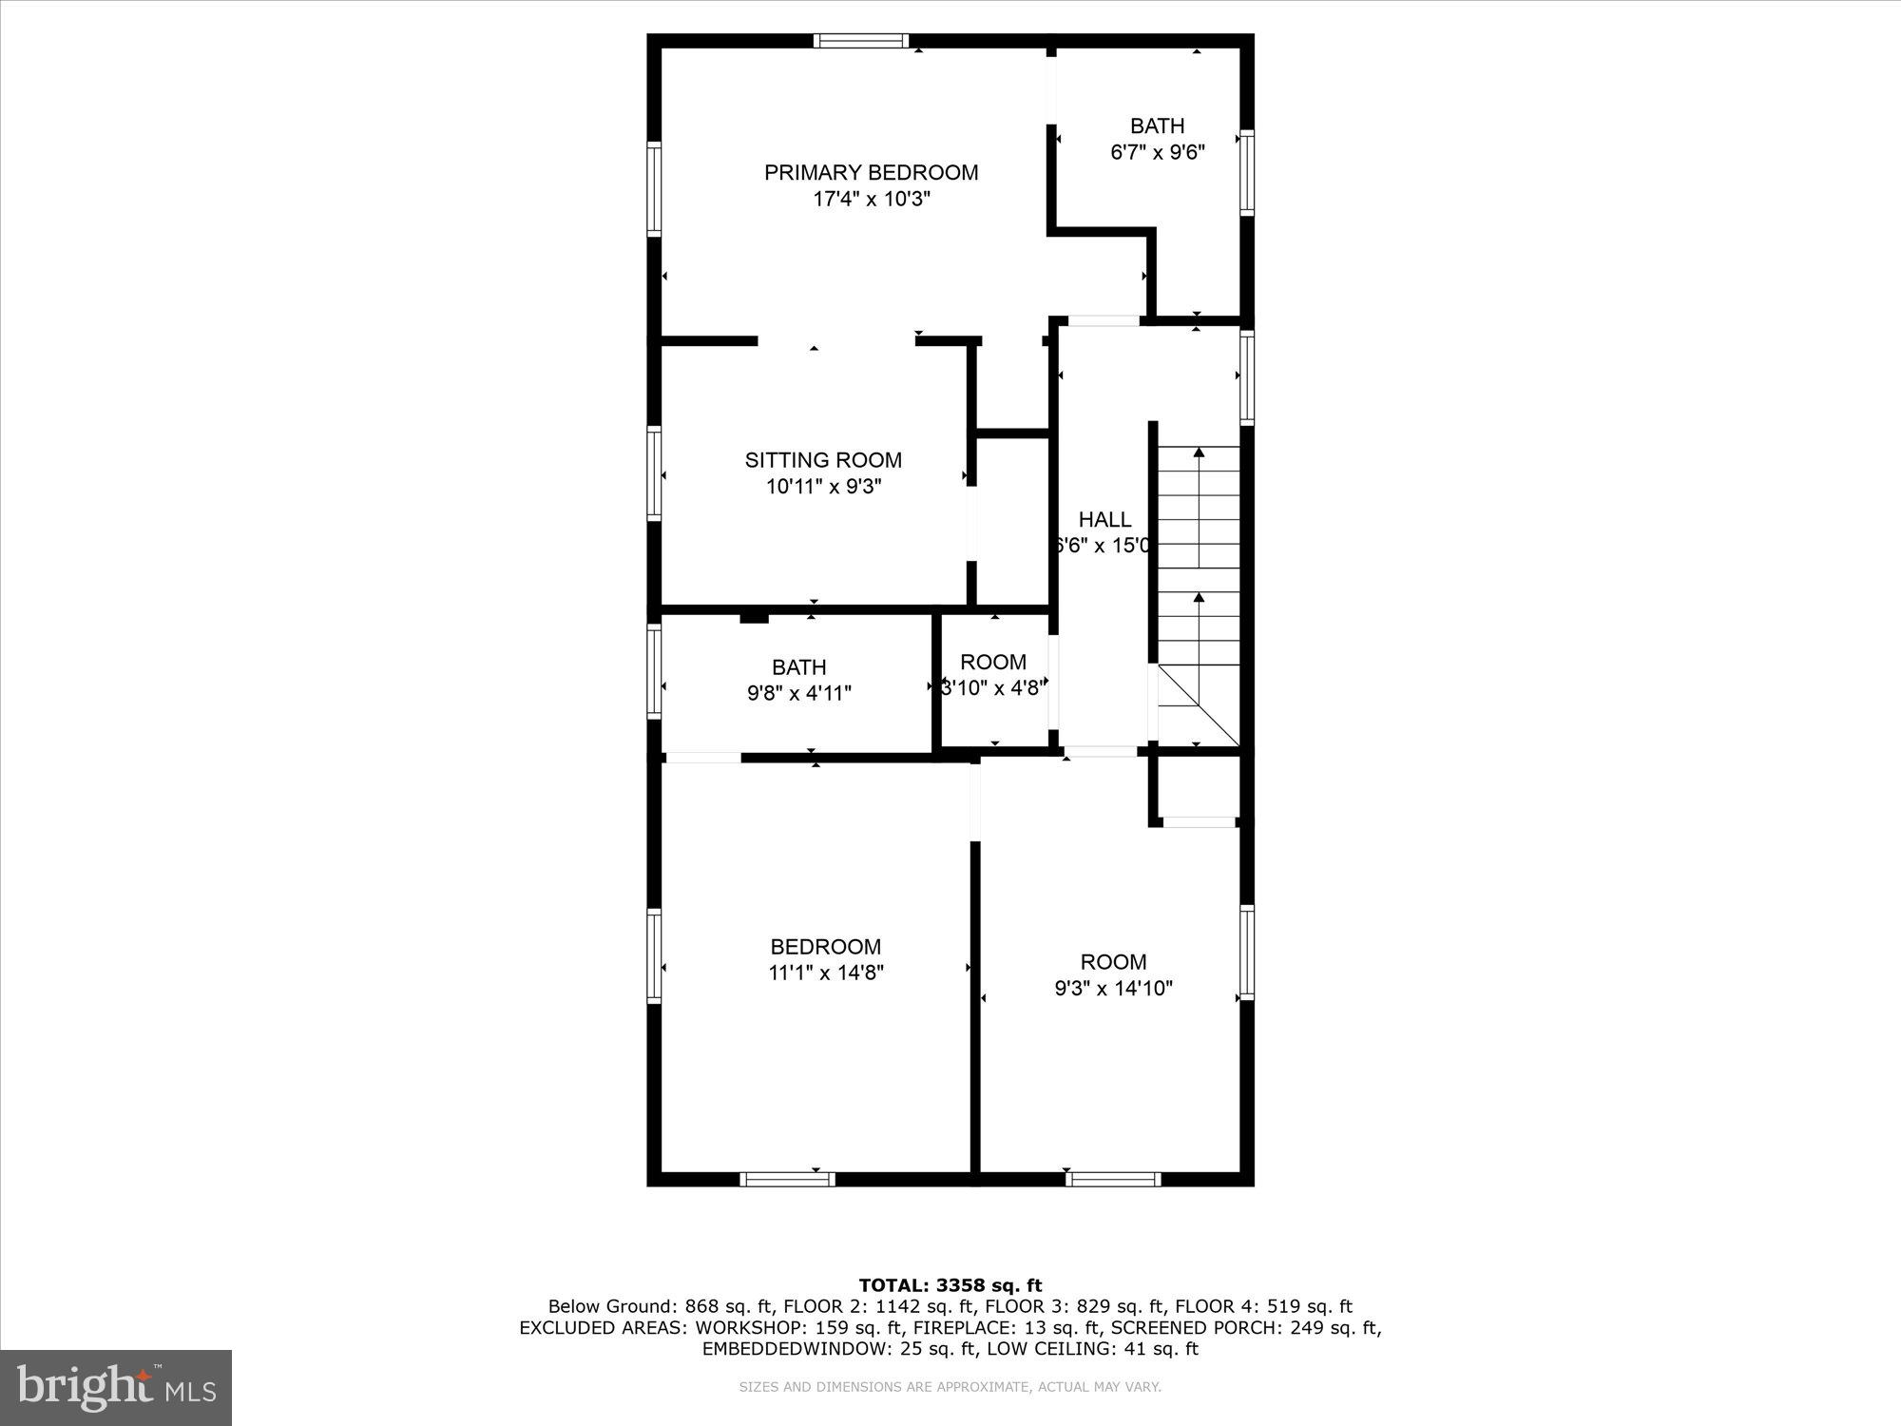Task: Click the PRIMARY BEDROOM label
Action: [871, 172]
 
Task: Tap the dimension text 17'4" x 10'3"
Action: [871, 200]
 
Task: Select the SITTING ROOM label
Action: [823, 460]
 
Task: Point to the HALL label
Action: [1104, 519]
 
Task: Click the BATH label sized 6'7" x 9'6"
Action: [1157, 125]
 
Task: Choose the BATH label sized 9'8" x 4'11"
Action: [798, 667]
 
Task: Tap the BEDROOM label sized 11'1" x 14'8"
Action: [825, 947]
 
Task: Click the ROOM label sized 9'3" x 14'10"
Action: [1113, 962]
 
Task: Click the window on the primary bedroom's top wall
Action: [861, 41]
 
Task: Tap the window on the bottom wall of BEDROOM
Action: [787, 1179]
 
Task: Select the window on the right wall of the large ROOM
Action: [1246, 952]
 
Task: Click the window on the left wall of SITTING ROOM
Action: [655, 473]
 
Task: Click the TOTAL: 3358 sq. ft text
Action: [950, 1286]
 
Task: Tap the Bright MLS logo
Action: [116, 1387]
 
